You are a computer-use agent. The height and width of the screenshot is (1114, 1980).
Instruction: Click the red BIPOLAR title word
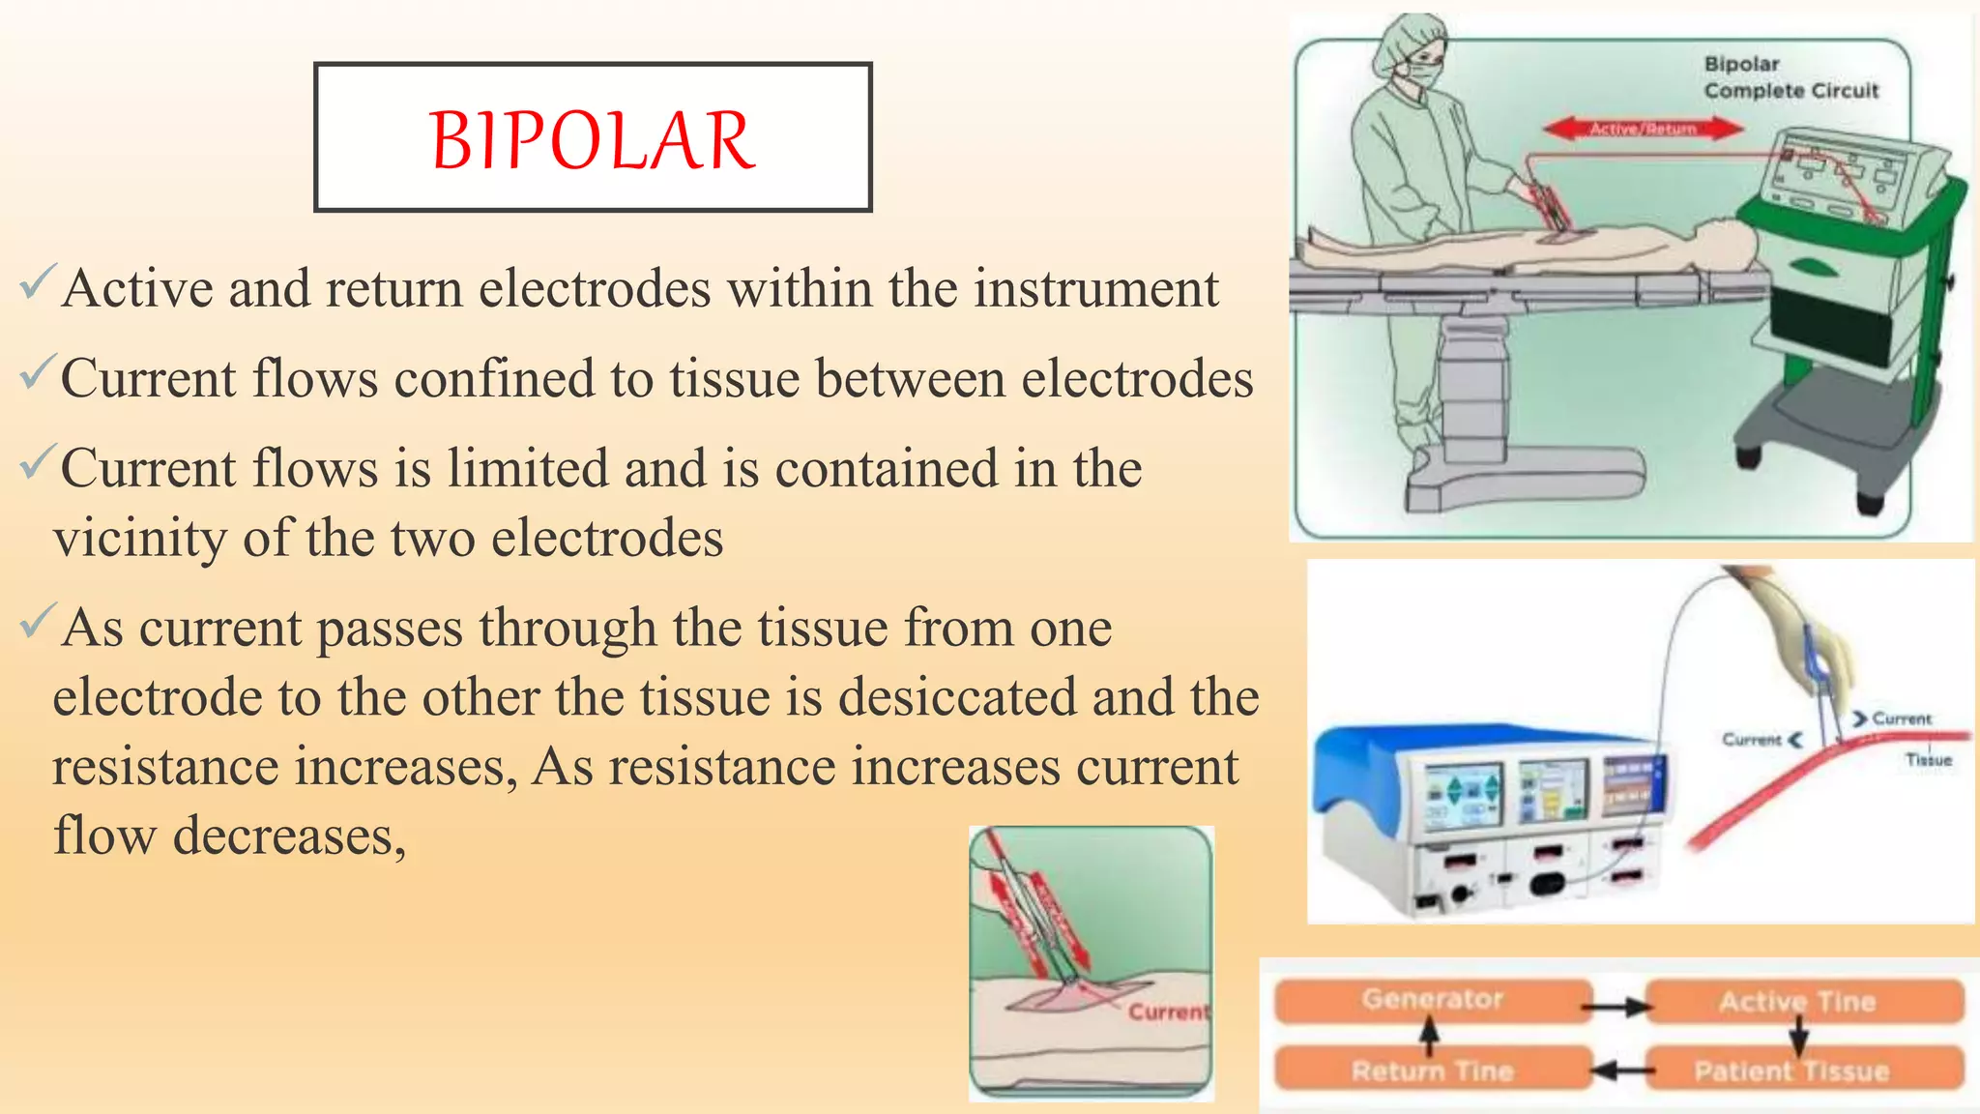click(592, 141)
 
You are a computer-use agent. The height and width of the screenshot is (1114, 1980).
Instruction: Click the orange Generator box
click(1432, 1000)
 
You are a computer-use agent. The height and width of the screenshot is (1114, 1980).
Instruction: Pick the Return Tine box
click(1432, 1070)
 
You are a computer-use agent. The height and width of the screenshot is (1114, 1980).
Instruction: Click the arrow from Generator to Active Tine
click(1618, 1008)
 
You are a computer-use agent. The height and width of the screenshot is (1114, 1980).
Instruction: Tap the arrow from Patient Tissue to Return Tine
click(1618, 1070)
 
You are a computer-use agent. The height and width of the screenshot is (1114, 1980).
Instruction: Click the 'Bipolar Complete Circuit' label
click(1790, 77)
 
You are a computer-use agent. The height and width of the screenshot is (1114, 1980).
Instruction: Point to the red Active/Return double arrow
click(1643, 129)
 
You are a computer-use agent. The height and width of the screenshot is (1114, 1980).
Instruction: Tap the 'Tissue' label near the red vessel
click(1928, 760)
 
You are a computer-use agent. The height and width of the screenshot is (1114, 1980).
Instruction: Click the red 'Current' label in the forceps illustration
click(1168, 1011)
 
